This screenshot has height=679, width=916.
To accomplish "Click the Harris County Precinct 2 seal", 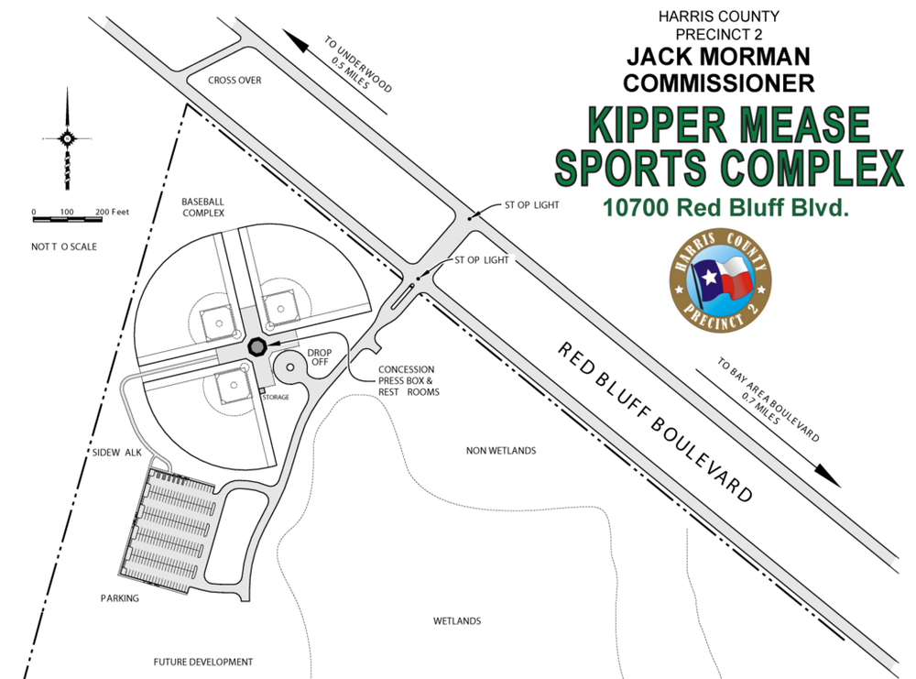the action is point(721,280).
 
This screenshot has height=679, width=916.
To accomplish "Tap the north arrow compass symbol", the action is point(67,138).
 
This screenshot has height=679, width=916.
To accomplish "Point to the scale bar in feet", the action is point(69,217).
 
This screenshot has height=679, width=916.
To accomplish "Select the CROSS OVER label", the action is point(234,81).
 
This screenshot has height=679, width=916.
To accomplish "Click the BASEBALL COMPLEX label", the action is point(202,206).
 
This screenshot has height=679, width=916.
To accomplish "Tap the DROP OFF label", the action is point(319,356).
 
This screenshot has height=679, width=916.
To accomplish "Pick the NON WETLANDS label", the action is point(501,451).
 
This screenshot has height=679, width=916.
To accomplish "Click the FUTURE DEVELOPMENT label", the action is point(202,662).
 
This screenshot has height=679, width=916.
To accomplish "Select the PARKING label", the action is point(120,598).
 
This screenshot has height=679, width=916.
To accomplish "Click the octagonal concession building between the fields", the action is point(257,345).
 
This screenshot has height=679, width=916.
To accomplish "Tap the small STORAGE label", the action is point(276,397).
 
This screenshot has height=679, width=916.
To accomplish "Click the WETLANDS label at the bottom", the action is point(457,621).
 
